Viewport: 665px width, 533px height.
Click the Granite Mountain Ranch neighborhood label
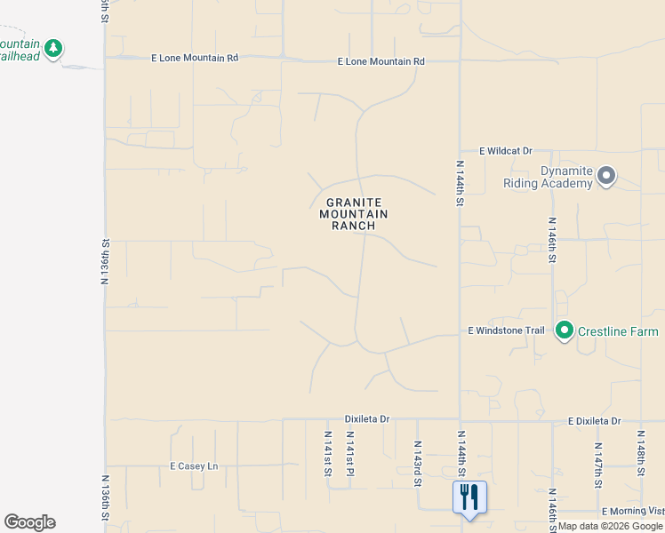pyautogui.click(x=354, y=214)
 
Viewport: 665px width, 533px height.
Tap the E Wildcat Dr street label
pyautogui.click(x=505, y=151)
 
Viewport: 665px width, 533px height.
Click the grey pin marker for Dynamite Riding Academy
pyautogui.click(x=606, y=176)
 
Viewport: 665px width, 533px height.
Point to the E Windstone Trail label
pyautogui.click(x=506, y=330)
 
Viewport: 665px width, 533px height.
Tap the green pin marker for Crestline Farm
pyautogui.click(x=564, y=330)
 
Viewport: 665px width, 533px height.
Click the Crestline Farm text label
pyautogui.click(x=618, y=331)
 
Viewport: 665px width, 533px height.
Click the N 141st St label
pyautogui.click(x=327, y=453)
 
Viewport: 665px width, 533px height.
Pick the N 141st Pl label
pyautogui.click(x=350, y=453)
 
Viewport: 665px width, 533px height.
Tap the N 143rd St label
pyautogui.click(x=417, y=464)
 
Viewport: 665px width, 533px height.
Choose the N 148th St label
pyautogui.click(x=640, y=452)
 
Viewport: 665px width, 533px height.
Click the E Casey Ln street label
pyautogui.click(x=193, y=465)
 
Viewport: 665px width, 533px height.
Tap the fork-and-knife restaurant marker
pyautogui.click(x=469, y=497)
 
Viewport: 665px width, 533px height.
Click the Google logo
pyautogui.click(x=29, y=522)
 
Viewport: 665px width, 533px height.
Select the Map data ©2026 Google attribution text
pyautogui.click(x=611, y=526)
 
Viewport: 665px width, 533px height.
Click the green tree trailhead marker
pyautogui.click(x=53, y=48)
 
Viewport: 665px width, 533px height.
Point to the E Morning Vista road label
pyautogui.click(x=633, y=512)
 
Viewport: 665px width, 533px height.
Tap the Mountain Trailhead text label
pyautogui.click(x=19, y=49)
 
